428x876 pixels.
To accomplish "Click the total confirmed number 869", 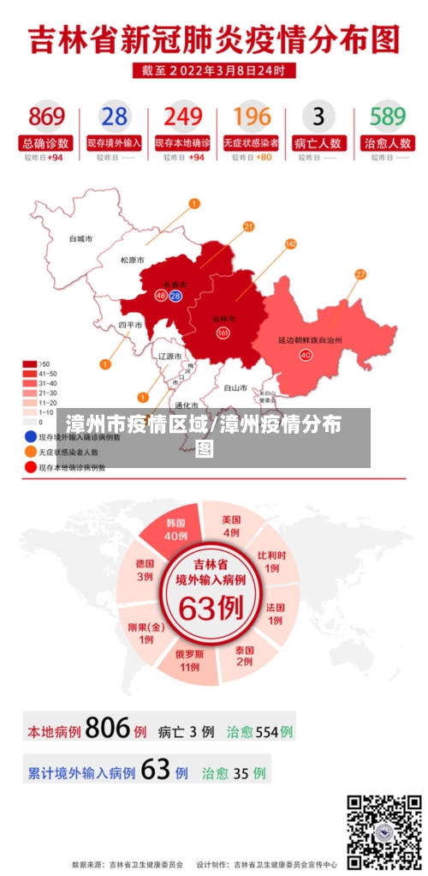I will (x=46, y=117).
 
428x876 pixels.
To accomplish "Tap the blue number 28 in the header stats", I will (x=114, y=117).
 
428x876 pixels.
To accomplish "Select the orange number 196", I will (x=252, y=117).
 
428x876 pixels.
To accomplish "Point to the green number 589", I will (x=387, y=117).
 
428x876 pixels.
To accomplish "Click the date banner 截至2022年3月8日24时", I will (x=214, y=70).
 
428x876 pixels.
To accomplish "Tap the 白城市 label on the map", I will (x=80, y=238).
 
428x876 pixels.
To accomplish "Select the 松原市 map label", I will (x=132, y=260).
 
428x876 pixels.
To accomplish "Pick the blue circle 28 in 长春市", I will (x=175, y=296).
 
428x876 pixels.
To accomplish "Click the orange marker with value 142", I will (x=291, y=244).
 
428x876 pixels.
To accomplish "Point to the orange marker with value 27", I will (x=360, y=274).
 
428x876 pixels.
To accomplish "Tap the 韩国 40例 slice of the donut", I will (x=175, y=529).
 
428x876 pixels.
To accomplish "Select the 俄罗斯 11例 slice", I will (x=189, y=659).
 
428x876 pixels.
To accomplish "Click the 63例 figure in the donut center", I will (x=211, y=609).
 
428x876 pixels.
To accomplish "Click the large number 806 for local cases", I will (x=108, y=729).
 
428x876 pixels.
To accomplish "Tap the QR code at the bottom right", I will (x=383, y=831).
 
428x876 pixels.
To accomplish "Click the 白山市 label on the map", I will (x=235, y=387).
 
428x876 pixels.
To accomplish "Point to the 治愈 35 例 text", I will (x=234, y=772).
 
